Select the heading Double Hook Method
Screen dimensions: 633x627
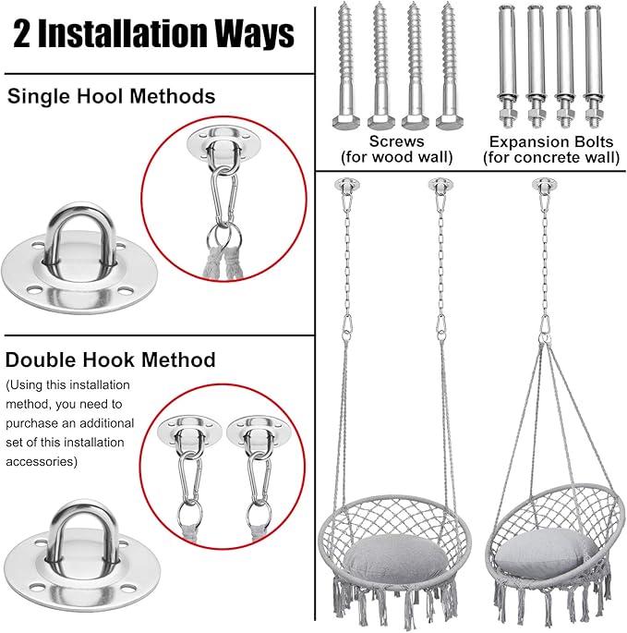coord(111,359)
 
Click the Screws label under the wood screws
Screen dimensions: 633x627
coord(396,141)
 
